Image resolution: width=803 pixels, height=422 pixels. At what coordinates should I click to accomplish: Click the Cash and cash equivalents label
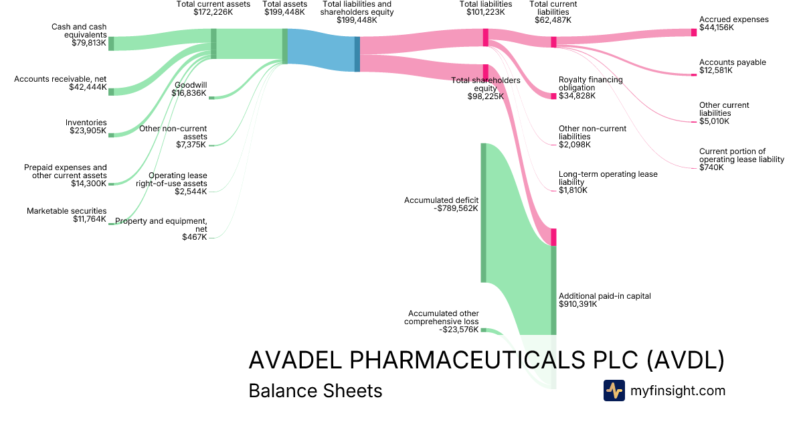click(78, 31)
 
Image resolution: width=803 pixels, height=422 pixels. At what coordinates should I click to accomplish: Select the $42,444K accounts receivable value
click(87, 87)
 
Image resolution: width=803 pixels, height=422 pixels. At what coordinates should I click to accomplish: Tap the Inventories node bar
click(111, 135)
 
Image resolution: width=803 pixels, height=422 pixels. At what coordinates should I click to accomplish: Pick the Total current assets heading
click(213, 4)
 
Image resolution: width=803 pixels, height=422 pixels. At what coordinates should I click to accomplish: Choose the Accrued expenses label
click(734, 19)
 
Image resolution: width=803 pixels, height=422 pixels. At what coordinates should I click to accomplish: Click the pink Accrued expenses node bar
click(694, 32)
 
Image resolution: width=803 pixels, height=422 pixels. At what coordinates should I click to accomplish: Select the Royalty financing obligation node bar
click(553, 96)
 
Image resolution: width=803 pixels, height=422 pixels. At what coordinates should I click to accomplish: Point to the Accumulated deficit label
click(442, 200)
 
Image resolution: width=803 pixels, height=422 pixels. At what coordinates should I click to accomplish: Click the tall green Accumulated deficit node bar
click(483, 212)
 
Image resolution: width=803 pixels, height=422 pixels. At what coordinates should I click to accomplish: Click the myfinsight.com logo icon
click(614, 391)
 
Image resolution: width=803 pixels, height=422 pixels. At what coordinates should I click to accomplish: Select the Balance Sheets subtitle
click(315, 391)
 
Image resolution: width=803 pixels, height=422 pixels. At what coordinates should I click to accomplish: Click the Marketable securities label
click(66, 211)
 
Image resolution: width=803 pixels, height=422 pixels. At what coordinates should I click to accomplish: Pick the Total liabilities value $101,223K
click(486, 11)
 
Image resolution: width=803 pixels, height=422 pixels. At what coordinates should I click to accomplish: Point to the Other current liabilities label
click(724, 109)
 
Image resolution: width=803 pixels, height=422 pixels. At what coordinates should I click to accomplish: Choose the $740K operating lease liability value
click(711, 167)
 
